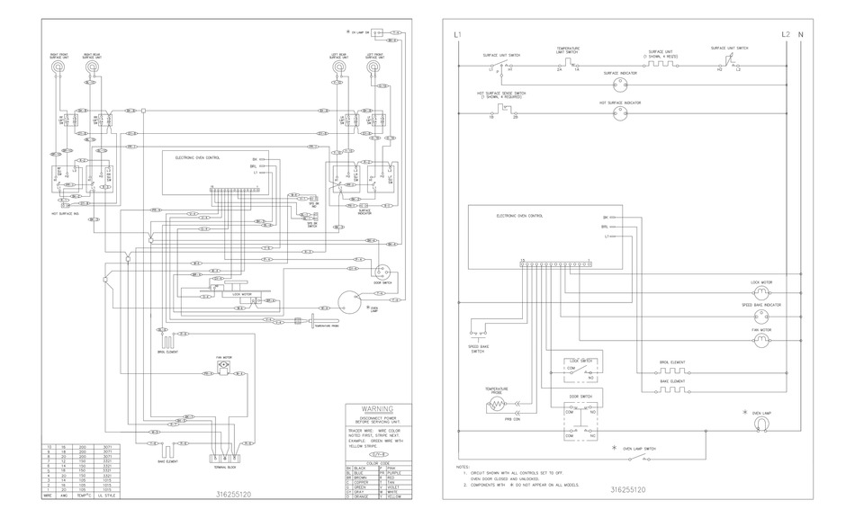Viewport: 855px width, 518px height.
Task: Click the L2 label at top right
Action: (x=786, y=35)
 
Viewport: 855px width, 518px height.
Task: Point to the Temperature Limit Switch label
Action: (x=567, y=50)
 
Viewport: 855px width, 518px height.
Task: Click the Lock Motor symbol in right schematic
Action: (x=761, y=292)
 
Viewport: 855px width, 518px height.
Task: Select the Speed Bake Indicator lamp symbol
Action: (x=761, y=317)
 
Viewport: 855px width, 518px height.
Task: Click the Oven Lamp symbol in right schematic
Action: (x=762, y=424)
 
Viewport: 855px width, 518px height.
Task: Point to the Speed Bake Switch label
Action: (x=479, y=349)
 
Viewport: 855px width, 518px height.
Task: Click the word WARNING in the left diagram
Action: (x=378, y=407)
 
